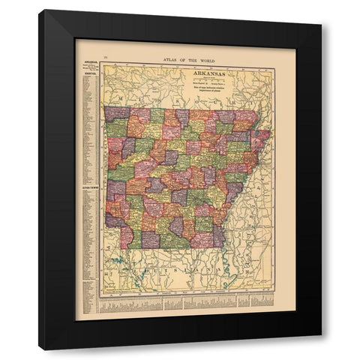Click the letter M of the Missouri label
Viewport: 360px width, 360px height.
[x=118, y=98]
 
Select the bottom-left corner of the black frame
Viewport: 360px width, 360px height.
[x=40, y=349]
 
